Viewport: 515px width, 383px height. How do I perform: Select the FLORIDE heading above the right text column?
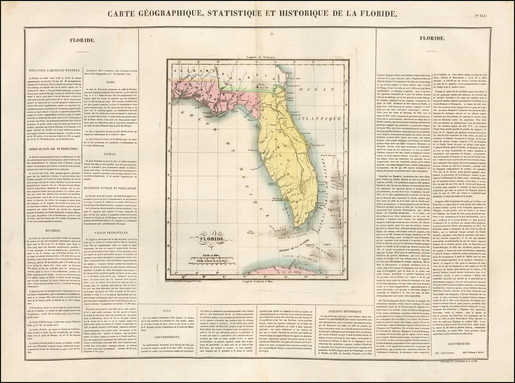pyautogui.click(x=432, y=38)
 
